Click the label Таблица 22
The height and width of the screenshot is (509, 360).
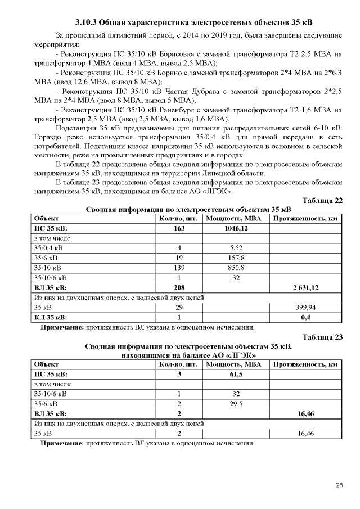322,201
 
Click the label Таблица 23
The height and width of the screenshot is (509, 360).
322,337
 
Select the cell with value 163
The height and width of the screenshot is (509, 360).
179,228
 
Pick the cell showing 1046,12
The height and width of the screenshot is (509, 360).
235,228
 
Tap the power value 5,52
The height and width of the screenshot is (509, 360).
235,248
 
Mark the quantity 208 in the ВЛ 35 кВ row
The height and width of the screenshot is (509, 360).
179,287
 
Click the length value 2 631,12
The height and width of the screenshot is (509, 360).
306,287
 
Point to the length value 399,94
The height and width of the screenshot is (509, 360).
306,308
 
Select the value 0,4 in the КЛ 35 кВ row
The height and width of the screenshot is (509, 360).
306,317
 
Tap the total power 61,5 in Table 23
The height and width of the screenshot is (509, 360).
235,374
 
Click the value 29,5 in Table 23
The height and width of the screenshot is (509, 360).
235,404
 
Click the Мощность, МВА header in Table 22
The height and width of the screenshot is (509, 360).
235,218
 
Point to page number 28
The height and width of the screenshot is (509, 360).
339,485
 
